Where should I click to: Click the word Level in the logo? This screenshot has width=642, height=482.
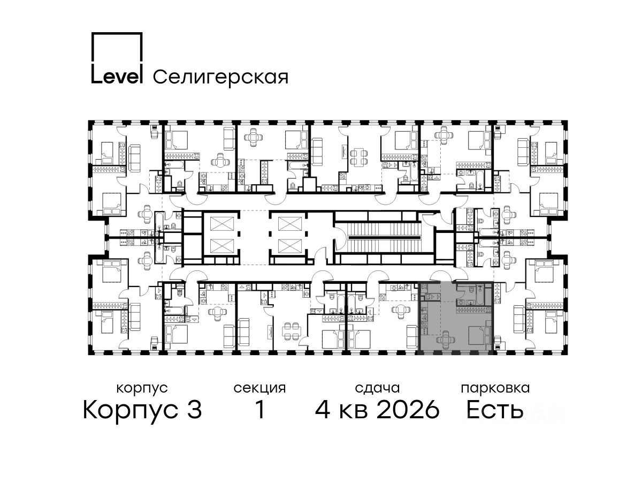pos(117,77)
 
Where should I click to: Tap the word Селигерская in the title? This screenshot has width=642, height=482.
pos(220,78)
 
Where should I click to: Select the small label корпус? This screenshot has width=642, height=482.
pos(142,389)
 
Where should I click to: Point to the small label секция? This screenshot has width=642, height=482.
pos(259,389)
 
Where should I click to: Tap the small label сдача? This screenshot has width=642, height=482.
pos(377,389)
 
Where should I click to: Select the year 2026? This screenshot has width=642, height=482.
pos(408,410)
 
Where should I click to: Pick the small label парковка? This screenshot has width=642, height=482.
pos(495,389)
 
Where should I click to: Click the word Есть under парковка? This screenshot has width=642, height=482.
pos(494,410)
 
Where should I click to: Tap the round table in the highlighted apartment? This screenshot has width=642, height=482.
pos(445,340)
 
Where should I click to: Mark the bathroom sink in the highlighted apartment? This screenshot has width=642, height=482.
pos(470,302)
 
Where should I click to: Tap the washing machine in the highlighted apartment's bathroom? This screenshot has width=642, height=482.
pos(461,302)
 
